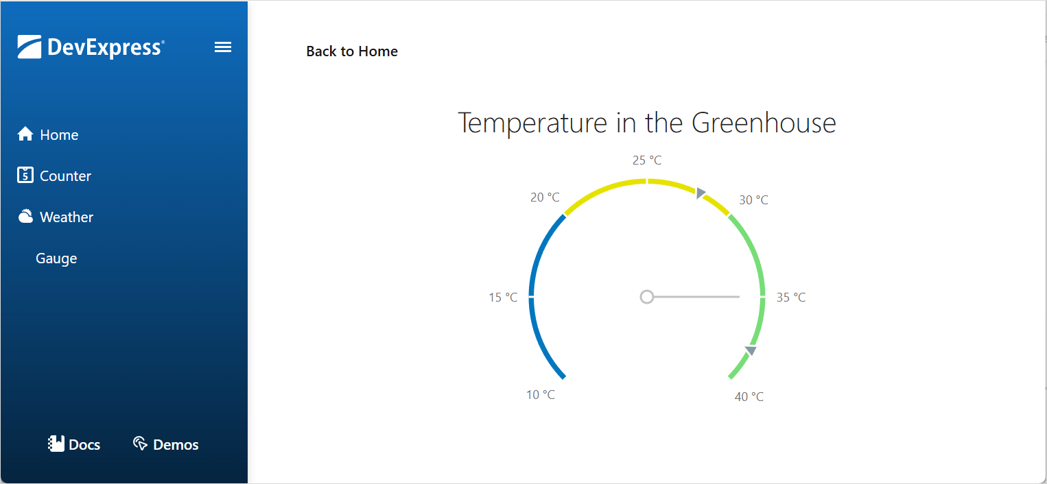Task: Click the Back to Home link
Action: [x=352, y=51]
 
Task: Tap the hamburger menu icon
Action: [x=223, y=47]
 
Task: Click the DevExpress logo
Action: [x=91, y=47]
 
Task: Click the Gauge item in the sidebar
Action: [x=56, y=258]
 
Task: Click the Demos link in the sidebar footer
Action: [x=166, y=445]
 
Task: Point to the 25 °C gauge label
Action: [x=647, y=160]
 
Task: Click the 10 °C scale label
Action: [x=541, y=395]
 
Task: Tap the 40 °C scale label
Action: [x=749, y=397]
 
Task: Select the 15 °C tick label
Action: [x=503, y=298]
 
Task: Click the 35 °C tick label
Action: [x=791, y=298]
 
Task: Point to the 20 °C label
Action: [x=545, y=197]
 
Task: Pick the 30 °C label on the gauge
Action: [x=753, y=200]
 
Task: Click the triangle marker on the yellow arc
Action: [x=700, y=193]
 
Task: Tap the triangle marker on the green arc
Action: [x=751, y=351]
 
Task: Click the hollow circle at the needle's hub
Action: [x=646, y=297]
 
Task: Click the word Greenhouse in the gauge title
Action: [x=764, y=123]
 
